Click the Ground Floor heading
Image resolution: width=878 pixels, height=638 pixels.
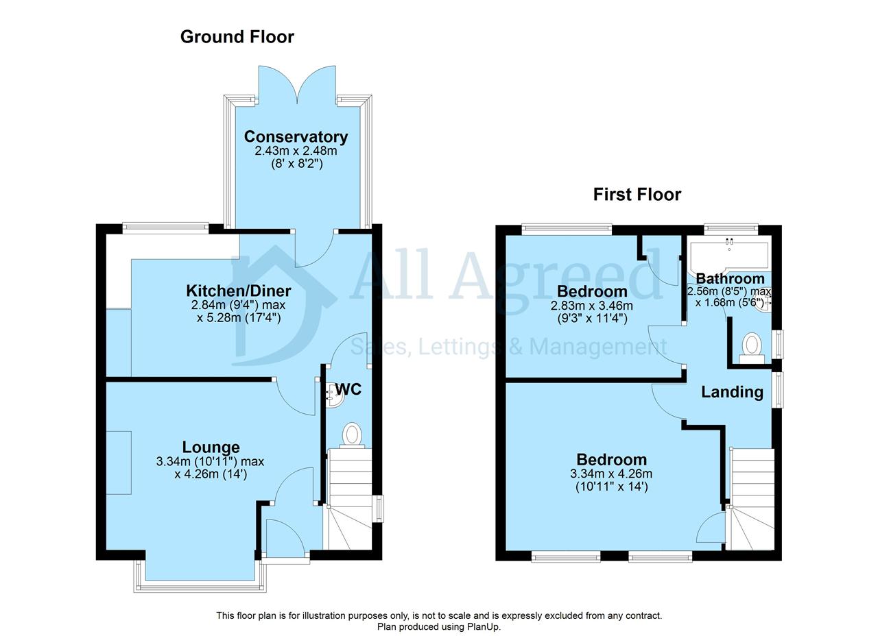click(237, 37)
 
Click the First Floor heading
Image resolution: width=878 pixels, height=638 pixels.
click(637, 195)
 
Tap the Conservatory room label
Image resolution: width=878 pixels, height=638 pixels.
click(296, 136)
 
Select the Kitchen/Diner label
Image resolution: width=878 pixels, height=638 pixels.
click(238, 291)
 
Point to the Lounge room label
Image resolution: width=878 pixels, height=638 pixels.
click(211, 447)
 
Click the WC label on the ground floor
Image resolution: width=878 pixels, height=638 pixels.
click(348, 389)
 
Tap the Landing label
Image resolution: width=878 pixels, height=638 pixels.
click(732, 392)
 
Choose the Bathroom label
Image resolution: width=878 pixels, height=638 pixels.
click(731, 278)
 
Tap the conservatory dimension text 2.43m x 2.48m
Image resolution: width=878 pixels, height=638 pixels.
click(296, 150)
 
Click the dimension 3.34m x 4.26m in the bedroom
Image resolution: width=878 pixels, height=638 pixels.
click(611, 474)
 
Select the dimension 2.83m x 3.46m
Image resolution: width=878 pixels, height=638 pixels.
click(592, 306)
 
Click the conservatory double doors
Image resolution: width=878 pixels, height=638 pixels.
click(297, 85)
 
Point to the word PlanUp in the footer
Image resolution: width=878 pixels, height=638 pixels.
click(483, 626)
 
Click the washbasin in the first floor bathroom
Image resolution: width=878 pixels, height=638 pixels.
click(763, 304)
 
